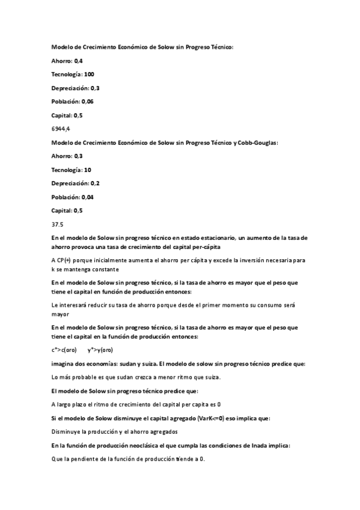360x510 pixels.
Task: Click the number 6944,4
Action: coord(61,129)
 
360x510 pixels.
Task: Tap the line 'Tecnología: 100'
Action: coord(73,75)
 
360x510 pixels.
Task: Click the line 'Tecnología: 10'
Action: coord(72,170)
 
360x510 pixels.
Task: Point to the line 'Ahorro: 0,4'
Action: coord(67,61)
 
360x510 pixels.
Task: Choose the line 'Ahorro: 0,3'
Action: coord(67,156)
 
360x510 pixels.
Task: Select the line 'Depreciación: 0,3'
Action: coord(76,88)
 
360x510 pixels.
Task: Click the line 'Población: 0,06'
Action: coord(73,102)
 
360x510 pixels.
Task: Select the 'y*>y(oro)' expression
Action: coord(100,349)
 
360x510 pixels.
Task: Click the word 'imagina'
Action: coord(63,363)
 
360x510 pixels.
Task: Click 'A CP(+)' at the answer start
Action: coord(61,260)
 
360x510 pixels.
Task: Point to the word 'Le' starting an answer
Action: coord(55,305)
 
